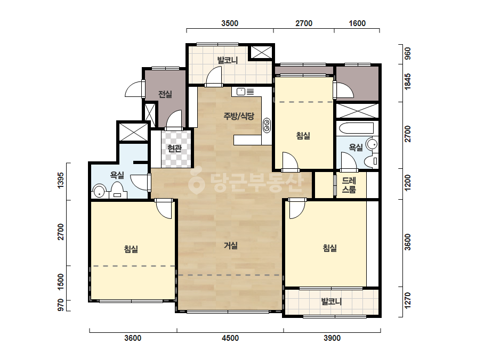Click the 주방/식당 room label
point(239,116)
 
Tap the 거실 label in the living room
point(231,246)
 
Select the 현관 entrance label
point(174,148)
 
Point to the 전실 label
point(165,94)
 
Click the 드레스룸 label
point(349,185)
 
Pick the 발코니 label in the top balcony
point(228,60)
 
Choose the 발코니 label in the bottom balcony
point(332,301)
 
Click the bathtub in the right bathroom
point(357,128)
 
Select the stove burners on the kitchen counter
point(267,125)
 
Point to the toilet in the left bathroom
point(117,190)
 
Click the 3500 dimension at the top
point(230,23)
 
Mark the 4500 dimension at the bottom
point(230,338)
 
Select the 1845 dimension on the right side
point(408,81)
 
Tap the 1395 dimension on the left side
point(61,181)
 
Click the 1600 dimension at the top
point(357,23)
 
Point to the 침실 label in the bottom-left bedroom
point(131,249)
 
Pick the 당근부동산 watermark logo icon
point(196,183)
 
